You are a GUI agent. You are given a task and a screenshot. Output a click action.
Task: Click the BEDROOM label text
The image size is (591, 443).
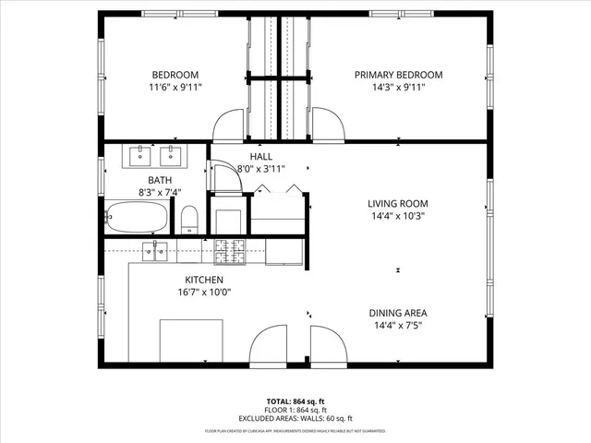(175, 75)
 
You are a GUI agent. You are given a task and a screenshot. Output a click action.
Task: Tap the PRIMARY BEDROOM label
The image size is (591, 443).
(399, 75)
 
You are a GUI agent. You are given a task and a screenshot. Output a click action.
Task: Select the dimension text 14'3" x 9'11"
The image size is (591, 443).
(399, 88)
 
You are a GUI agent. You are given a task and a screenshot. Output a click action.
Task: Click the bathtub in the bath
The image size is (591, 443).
(137, 218)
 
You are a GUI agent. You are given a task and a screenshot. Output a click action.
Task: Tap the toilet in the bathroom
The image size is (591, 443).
(189, 219)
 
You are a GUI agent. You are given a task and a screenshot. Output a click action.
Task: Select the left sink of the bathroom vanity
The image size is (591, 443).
(140, 154)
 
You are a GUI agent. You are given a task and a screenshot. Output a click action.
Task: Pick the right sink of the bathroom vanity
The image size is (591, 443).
(170, 154)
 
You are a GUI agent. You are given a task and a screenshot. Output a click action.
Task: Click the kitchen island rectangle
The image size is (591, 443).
(191, 341)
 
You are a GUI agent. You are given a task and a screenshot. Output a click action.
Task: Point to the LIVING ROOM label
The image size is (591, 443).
(398, 204)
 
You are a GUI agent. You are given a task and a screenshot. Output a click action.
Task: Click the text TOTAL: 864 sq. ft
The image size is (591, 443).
(295, 401)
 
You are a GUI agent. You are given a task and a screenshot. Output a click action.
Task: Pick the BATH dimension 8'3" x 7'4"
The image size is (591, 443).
(160, 193)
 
